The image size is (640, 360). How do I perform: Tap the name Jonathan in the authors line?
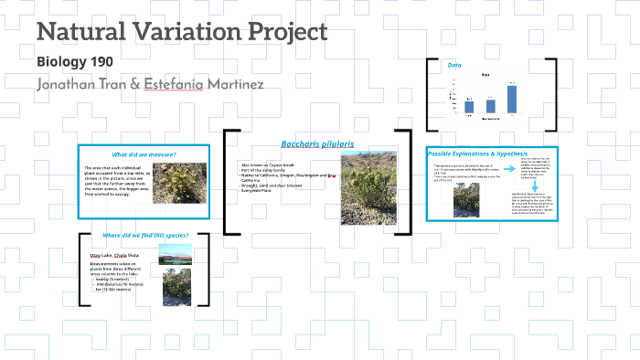(75, 85)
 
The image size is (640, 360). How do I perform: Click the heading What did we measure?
(144, 154)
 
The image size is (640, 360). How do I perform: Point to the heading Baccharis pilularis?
(317, 144)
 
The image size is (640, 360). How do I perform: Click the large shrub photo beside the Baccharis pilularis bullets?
(368, 187)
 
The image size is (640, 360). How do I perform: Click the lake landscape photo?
(176, 254)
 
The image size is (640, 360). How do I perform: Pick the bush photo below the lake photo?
(176, 286)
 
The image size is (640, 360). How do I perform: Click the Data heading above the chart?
(454, 66)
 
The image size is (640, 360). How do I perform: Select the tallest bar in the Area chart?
(512, 101)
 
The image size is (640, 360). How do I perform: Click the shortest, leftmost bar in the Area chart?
(469, 109)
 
